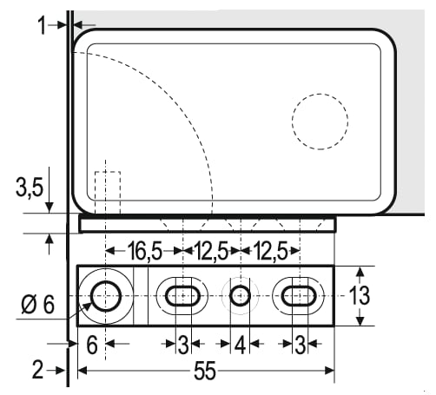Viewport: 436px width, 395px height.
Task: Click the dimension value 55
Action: click(x=205, y=371)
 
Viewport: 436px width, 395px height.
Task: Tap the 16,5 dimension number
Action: click(x=145, y=251)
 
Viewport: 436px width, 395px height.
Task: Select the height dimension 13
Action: click(x=360, y=295)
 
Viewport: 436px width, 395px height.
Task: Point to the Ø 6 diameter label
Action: click(x=38, y=305)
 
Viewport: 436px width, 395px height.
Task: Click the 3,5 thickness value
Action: click(x=30, y=188)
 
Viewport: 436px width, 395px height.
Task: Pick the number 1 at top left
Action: click(x=43, y=25)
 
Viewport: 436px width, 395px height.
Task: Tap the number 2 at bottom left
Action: click(x=38, y=370)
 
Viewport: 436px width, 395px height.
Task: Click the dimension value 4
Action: click(x=240, y=345)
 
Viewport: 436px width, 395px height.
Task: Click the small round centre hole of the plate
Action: click(x=240, y=296)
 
